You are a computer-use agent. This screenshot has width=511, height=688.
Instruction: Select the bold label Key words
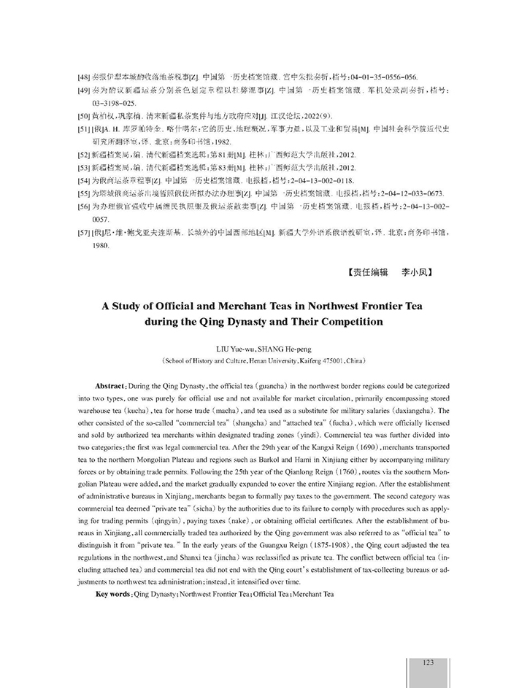(x=113, y=593)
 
